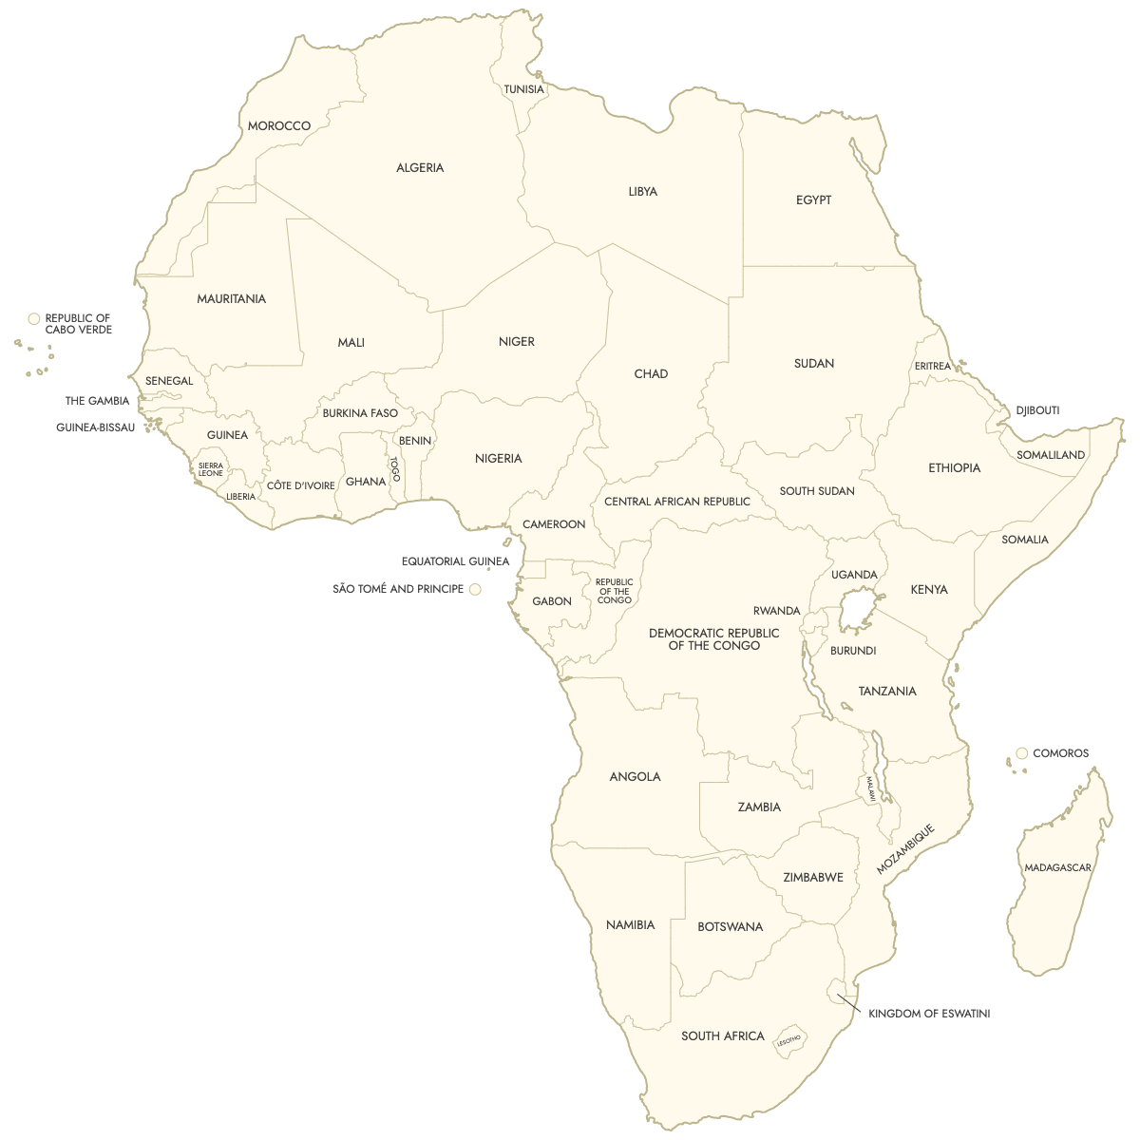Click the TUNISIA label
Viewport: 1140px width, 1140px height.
tap(523, 89)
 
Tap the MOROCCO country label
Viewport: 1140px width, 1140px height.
tap(278, 126)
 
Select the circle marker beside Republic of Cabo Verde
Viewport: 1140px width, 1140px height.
tap(34, 319)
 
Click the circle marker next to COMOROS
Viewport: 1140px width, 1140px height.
tap(1022, 753)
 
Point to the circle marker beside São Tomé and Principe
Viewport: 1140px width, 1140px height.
tap(475, 590)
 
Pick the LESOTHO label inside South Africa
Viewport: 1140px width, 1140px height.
tap(788, 1041)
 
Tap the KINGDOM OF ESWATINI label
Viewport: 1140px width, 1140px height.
tap(928, 1014)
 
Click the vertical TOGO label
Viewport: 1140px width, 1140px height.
tap(395, 468)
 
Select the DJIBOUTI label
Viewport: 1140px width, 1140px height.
tap(1037, 410)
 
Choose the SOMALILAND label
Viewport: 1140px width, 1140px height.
tap(1050, 455)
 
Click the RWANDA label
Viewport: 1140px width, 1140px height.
tap(776, 611)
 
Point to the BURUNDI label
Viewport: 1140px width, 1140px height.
tap(852, 651)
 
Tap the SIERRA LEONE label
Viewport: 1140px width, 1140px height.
tap(210, 469)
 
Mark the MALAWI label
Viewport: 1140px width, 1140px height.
tap(869, 789)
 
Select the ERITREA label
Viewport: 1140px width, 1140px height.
tap(932, 367)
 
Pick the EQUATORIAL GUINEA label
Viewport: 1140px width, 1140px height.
tap(455, 561)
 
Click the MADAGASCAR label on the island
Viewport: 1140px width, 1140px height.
tap(1057, 867)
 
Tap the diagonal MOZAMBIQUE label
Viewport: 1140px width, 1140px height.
tap(905, 849)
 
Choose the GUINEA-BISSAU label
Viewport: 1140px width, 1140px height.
tap(95, 427)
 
